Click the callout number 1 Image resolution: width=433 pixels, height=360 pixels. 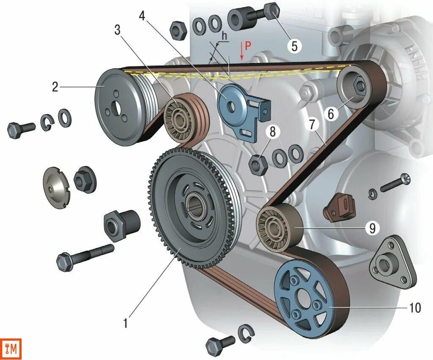[x=125, y=324]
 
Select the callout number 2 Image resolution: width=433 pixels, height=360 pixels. [x=55, y=87]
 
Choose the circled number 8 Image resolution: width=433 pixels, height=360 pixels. [x=272, y=132]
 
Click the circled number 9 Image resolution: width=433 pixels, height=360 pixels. [x=372, y=229]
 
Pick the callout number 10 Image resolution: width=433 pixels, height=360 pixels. [x=415, y=308]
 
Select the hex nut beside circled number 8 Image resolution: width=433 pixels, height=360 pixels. [x=257, y=164]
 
